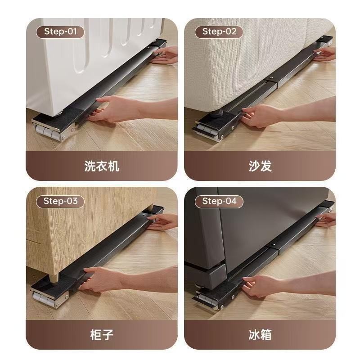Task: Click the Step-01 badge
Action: (x=60, y=32)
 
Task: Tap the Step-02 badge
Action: (x=219, y=32)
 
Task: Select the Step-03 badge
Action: (x=60, y=202)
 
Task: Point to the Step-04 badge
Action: (x=219, y=202)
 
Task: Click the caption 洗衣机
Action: (x=102, y=166)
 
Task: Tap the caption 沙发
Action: (x=260, y=166)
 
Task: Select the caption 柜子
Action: (x=102, y=335)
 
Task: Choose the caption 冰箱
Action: (x=260, y=335)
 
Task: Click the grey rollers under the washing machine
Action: (x=49, y=133)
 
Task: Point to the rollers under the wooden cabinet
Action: (x=47, y=300)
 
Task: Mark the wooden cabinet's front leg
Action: (x=54, y=278)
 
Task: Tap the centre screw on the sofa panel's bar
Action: (x=272, y=78)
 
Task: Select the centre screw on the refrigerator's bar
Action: (x=274, y=245)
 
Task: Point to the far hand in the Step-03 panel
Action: (x=162, y=222)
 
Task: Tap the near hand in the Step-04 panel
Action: (x=264, y=285)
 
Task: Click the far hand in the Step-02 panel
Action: (x=325, y=54)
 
